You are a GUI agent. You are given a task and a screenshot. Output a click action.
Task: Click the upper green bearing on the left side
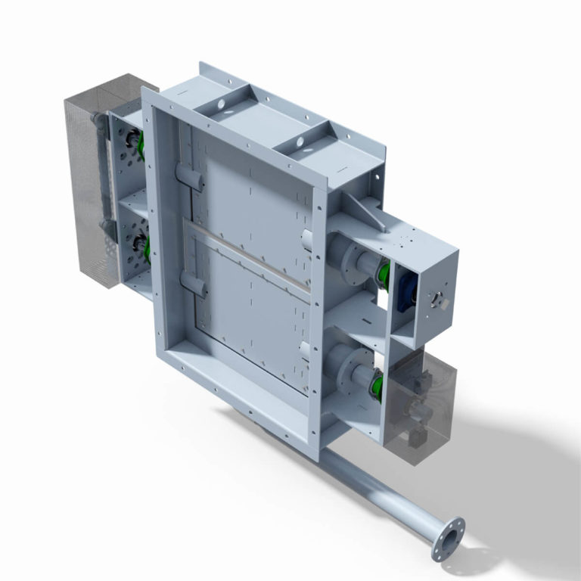[x=139, y=144]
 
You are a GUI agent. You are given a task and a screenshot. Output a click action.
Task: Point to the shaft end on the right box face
[x=437, y=300]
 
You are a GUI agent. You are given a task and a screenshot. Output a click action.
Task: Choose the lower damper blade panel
[x=250, y=318]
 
